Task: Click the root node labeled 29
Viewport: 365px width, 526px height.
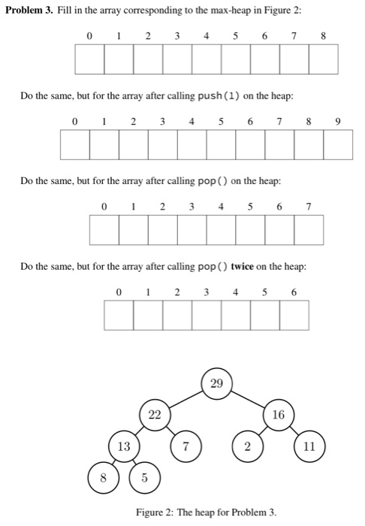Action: click(217, 384)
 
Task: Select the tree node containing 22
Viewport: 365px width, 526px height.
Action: click(154, 415)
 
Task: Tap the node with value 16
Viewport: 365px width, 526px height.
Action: click(278, 415)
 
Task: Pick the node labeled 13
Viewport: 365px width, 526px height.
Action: click(123, 446)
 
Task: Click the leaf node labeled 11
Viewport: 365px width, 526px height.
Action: click(309, 446)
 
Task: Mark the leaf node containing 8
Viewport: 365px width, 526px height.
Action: click(104, 477)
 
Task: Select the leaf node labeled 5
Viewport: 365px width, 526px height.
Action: click(144, 477)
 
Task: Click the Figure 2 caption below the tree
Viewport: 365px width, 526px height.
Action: click(206, 512)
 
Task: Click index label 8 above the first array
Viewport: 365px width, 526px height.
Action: click(322, 35)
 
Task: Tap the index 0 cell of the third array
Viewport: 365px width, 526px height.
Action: click(104, 230)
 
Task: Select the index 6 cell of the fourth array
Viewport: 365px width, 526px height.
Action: click(294, 314)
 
